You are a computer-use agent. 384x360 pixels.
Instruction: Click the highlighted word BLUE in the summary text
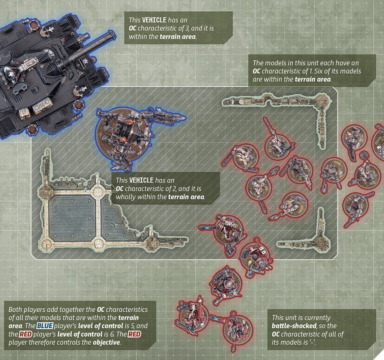(45, 326)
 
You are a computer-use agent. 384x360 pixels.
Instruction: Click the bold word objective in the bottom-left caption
(107, 342)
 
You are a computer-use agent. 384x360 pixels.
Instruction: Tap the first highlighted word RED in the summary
(25, 334)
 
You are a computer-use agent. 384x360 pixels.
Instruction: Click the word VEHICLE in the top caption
(154, 20)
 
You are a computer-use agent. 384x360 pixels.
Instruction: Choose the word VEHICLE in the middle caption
(141, 180)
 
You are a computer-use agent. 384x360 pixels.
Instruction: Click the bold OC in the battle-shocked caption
(276, 334)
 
